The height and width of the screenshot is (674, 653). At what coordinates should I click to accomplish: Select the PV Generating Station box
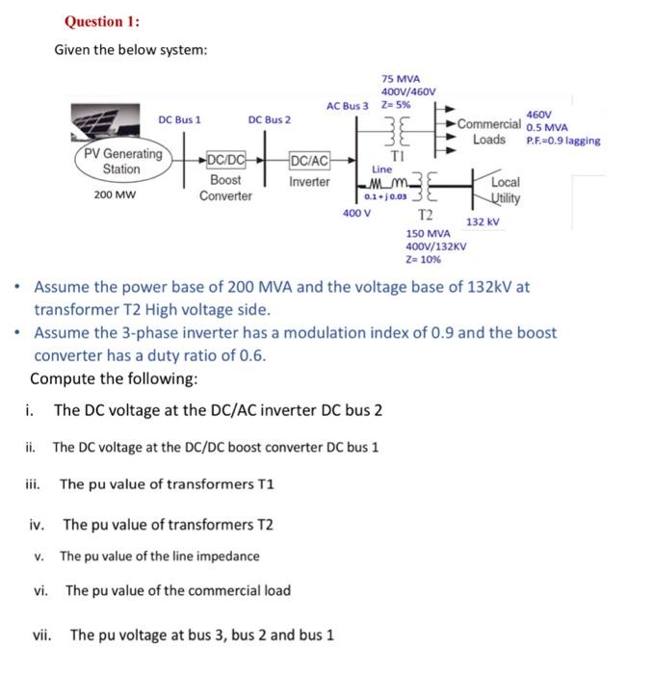tap(121, 161)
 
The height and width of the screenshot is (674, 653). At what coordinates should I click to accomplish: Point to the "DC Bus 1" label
tap(180, 119)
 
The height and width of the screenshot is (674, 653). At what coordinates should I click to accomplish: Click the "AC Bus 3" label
tap(348, 105)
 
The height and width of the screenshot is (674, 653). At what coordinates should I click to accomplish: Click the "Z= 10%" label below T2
tap(423, 259)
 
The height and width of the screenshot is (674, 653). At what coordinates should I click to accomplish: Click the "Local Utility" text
tap(505, 190)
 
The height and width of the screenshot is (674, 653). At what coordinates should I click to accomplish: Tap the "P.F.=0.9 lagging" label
tap(562, 141)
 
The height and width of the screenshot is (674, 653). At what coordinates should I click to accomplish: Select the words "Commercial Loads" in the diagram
tap(488, 132)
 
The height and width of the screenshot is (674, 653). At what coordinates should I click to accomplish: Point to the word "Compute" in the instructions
tap(62, 378)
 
